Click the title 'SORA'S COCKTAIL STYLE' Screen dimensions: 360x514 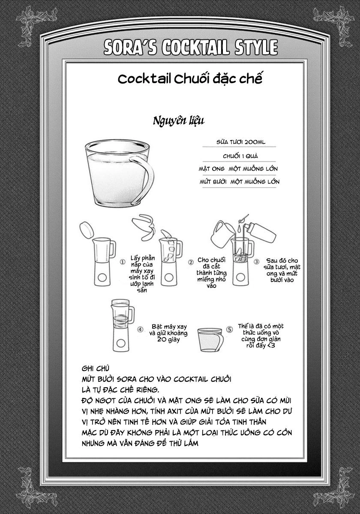click(x=191, y=48)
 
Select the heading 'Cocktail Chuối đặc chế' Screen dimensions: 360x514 click(x=190, y=79)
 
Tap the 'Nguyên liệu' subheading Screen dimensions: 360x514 click(x=179, y=121)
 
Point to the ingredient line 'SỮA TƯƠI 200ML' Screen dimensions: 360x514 click(x=241, y=142)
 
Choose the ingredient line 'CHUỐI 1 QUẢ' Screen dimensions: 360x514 click(x=240, y=156)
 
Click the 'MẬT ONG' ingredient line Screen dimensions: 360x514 click(x=238, y=169)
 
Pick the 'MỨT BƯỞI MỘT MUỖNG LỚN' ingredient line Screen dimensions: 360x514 click(x=240, y=182)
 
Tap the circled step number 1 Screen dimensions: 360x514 click(x=123, y=262)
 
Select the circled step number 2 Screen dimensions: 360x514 click(x=191, y=262)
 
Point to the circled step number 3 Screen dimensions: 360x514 click(x=256, y=262)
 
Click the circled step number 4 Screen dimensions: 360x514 click(x=140, y=329)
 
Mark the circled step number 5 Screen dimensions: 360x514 click(x=229, y=329)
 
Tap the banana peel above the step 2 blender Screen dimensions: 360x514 click(x=143, y=227)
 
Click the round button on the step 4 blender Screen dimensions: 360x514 click(x=121, y=343)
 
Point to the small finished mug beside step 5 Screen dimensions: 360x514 click(x=210, y=340)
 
